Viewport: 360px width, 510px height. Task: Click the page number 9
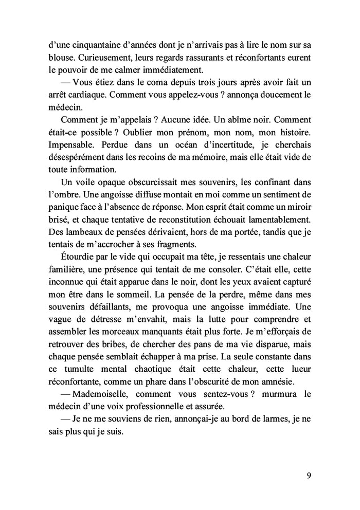(309, 475)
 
